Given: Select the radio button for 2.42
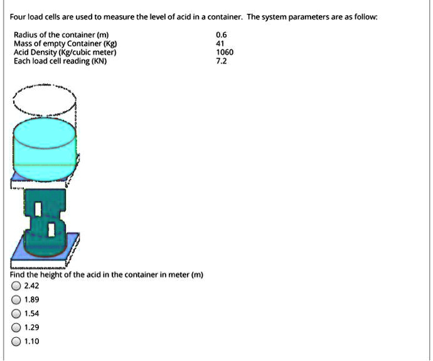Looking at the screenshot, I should tap(16, 286).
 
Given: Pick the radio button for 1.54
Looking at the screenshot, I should tap(16, 313).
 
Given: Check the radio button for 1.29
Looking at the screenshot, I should tap(16, 327).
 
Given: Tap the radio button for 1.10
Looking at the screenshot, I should tap(16, 342).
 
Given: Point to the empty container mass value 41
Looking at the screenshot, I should tap(220, 45).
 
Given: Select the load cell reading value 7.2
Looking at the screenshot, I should tap(221, 62).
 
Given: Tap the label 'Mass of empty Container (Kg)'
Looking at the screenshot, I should tap(64, 45).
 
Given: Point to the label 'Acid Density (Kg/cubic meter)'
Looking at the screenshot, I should tap(65, 53).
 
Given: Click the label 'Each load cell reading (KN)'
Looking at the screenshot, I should tap(60, 62).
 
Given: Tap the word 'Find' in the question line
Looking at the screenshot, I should tap(18, 275).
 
